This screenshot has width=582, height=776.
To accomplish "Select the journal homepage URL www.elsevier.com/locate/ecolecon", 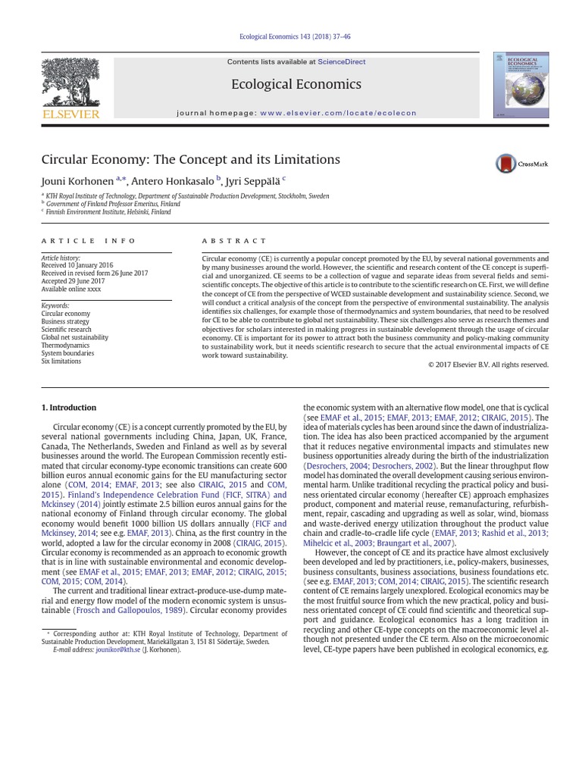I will [338, 113].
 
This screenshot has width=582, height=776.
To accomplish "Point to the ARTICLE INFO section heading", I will [89, 240].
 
